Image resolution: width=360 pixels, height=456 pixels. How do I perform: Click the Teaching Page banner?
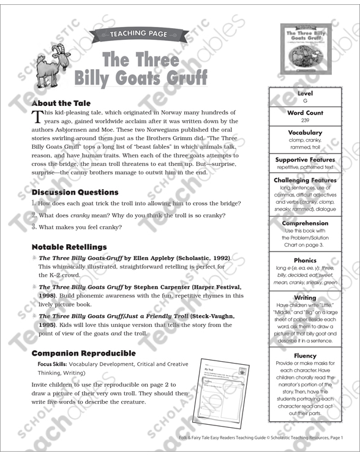(137, 35)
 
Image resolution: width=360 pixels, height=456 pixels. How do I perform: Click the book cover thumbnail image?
(304, 50)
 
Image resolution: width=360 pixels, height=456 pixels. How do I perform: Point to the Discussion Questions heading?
(75, 192)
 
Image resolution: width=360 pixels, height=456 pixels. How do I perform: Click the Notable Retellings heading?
(69, 247)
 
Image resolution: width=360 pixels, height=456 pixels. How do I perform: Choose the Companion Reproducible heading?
(83, 353)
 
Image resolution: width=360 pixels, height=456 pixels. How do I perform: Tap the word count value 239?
(305, 121)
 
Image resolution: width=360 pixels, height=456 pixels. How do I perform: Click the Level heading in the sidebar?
(305, 94)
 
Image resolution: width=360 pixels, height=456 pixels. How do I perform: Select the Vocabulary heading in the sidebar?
(305, 132)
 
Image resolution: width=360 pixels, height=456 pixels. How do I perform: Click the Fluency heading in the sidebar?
(305, 356)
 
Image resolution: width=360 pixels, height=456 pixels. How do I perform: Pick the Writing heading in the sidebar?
(305, 297)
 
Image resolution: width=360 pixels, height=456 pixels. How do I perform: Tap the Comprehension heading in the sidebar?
(305, 223)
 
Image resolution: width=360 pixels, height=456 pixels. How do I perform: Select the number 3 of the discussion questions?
(34, 227)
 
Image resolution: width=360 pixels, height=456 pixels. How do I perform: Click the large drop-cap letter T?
(37, 117)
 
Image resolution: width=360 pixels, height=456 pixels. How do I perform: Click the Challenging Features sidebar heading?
(305, 181)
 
